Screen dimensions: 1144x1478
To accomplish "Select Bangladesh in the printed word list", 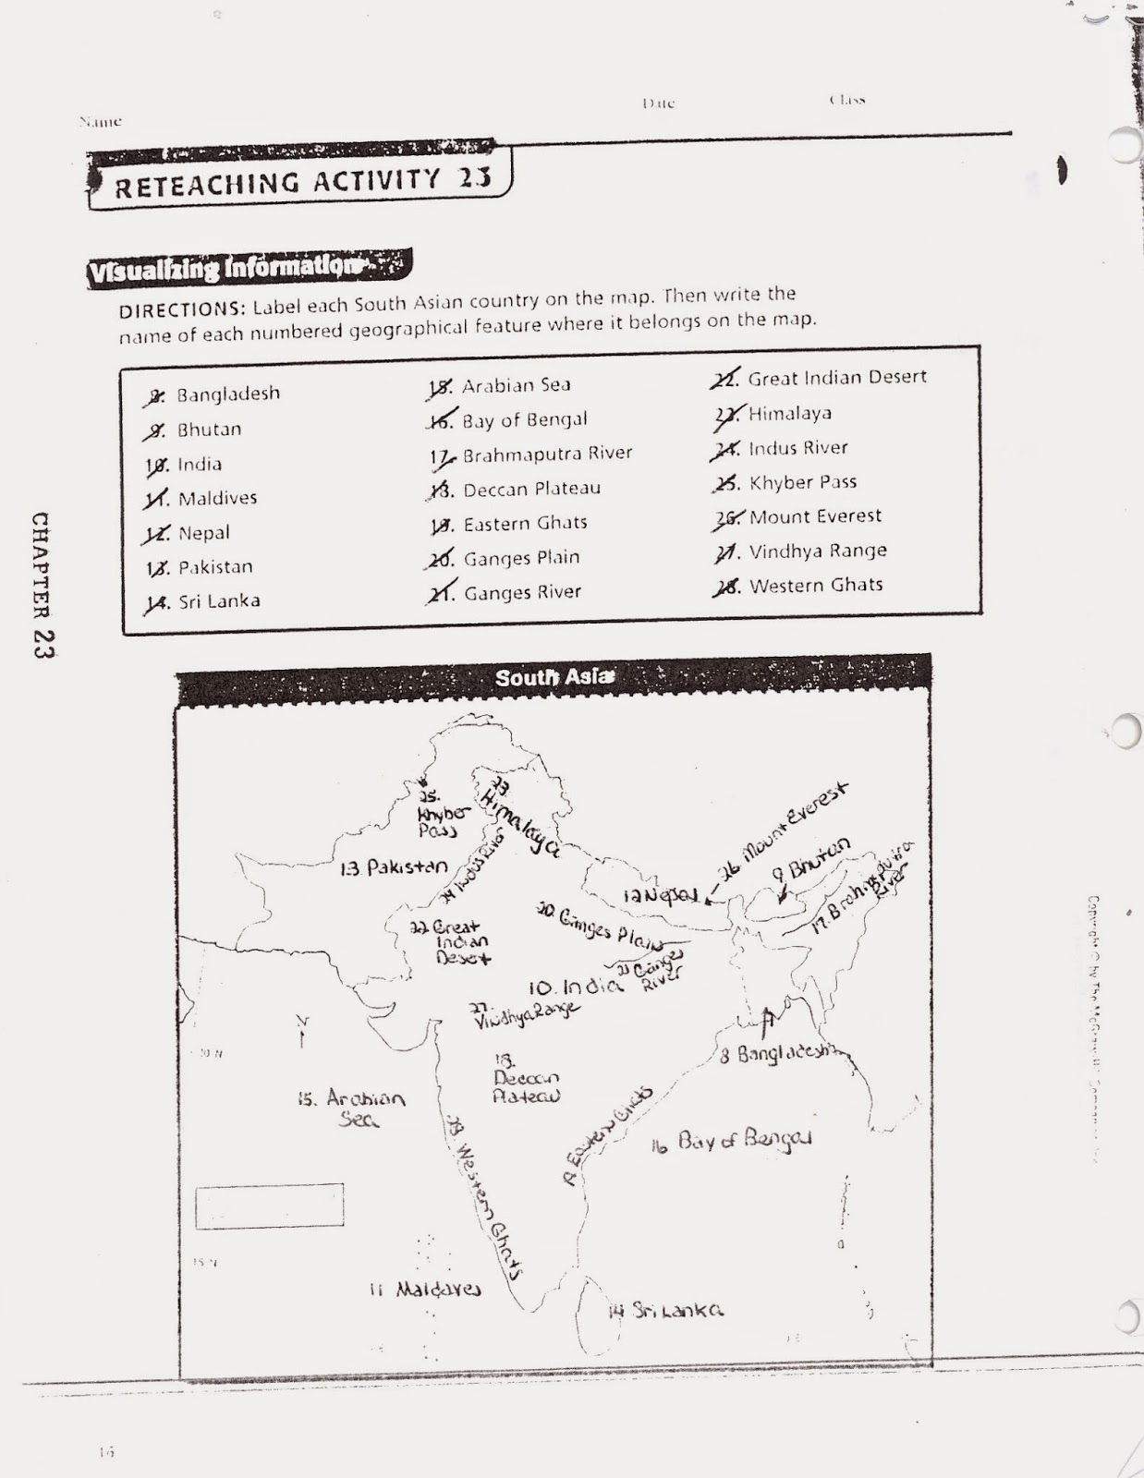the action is [x=227, y=394].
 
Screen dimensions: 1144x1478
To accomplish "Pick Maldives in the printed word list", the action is [x=217, y=499].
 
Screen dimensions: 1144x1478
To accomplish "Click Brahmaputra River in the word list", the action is [x=547, y=454].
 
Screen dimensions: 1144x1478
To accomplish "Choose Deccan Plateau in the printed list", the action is [x=531, y=489].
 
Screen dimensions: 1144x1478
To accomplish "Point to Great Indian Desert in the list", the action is [x=836, y=378].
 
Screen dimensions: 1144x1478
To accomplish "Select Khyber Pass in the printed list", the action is [x=802, y=482].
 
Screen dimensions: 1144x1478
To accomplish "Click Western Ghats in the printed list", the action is [x=815, y=585].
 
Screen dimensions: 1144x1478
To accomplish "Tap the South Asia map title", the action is [x=553, y=677].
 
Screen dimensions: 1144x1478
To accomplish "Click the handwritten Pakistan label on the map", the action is [x=396, y=867].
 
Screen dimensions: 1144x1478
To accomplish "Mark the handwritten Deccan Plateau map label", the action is [x=526, y=1079].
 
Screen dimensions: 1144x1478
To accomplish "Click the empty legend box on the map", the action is [x=269, y=1205].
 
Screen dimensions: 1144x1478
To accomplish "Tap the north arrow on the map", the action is [x=301, y=1032].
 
